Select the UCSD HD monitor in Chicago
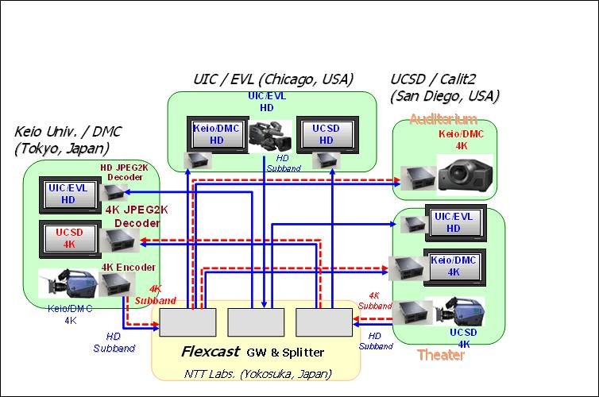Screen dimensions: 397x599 coord(326,133)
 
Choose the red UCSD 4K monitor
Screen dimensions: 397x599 coord(68,237)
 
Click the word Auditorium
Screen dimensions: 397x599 coord(443,119)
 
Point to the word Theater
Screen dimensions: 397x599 coord(441,355)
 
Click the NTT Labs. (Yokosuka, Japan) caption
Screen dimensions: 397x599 coord(257,372)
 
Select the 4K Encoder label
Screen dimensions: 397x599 coord(128,267)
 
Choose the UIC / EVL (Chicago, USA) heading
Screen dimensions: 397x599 coord(272,79)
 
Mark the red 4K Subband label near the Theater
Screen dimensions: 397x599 coord(375,300)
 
